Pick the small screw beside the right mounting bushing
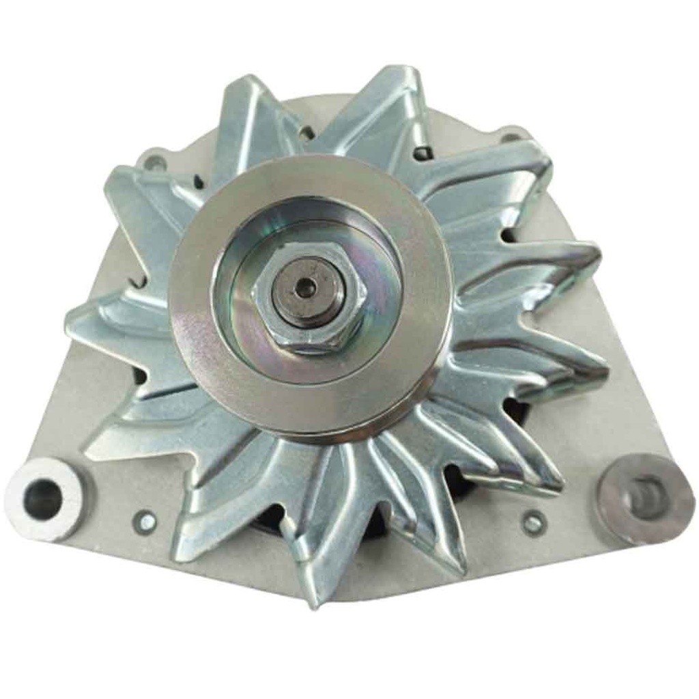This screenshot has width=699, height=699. pyautogui.click(x=533, y=523)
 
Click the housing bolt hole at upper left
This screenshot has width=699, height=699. pyautogui.click(x=156, y=162)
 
